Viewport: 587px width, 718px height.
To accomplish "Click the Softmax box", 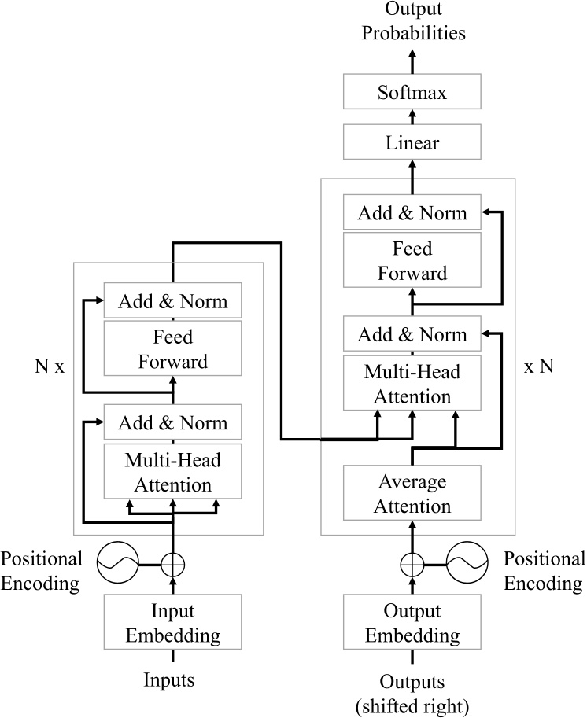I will click(412, 94).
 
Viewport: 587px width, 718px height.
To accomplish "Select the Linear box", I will click(412, 143).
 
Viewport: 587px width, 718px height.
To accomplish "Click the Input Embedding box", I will click(172, 623).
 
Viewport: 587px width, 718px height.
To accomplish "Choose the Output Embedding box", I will click(412, 623).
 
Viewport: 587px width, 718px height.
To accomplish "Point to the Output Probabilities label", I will click(412, 22).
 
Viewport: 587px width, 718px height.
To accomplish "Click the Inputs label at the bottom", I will click(172, 678).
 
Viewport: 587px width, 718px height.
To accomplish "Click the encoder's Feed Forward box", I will click(172, 349).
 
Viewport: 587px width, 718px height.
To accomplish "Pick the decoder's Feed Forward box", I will click(412, 261).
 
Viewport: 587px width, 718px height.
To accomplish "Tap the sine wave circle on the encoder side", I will click(117, 563).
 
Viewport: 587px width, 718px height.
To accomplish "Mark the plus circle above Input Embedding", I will click(172, 563).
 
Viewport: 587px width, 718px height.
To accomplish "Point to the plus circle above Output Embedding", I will click(412, 563).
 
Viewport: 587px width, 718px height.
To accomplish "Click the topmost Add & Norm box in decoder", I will click(412, 213).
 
